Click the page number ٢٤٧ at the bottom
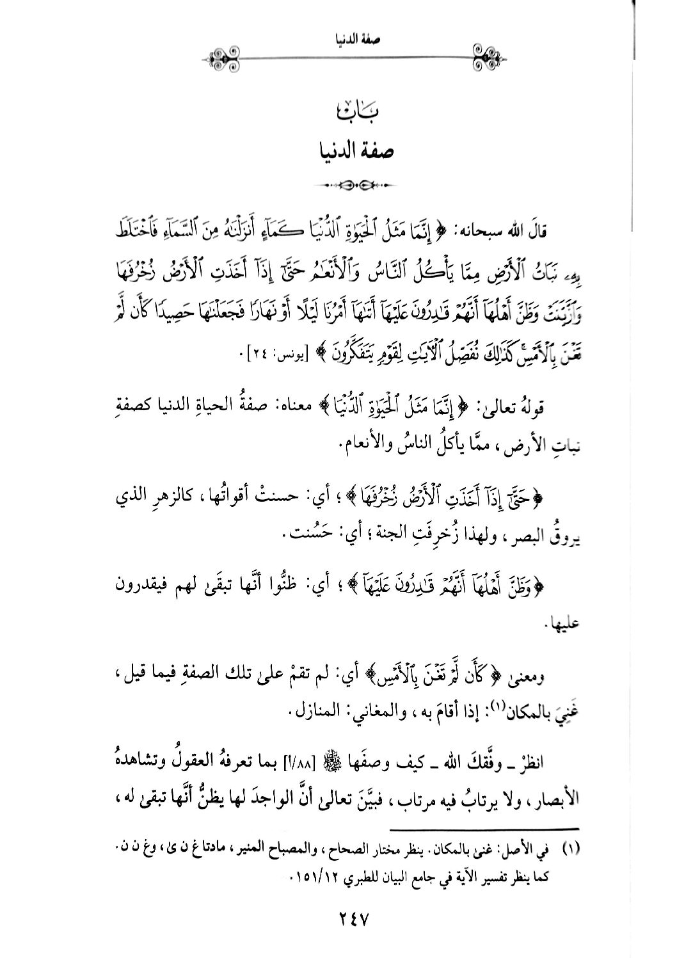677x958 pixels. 344,920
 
